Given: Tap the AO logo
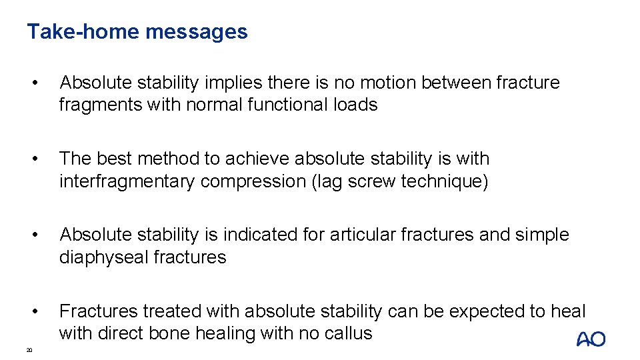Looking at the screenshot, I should tap(591, 339).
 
